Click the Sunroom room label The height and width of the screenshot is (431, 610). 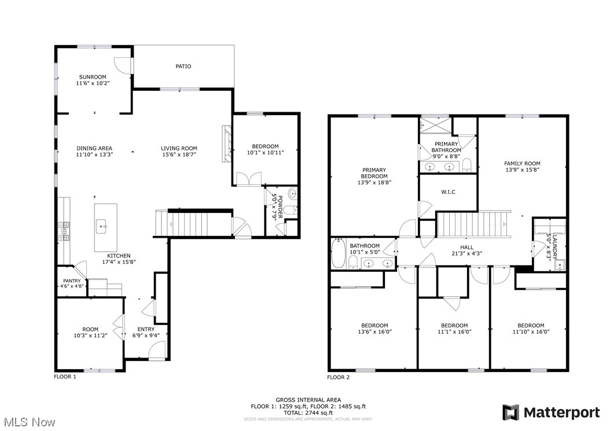click(93, 76)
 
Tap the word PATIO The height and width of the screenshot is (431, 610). click(183, 66)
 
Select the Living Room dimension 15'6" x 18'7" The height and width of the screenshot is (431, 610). click(179, 154)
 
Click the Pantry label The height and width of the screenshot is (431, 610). click(72, 281)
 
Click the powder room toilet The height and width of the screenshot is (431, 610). click(292, 195)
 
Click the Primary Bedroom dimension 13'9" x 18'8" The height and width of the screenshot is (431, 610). click(374, 182)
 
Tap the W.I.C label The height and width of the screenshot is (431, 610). click(449, 191)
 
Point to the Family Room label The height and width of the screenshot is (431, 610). click(521, 164)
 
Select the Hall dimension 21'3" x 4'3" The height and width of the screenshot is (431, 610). click(466, 253)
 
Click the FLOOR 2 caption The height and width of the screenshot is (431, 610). click(339, 377)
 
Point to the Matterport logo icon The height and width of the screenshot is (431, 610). click(510, 412)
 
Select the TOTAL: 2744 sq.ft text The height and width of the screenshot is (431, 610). click(307, 413)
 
